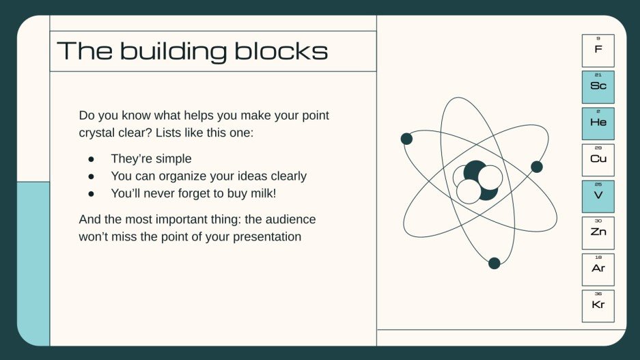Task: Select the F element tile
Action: coord(598,50)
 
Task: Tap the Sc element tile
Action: coord(598,87)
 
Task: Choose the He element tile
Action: coord(598,123)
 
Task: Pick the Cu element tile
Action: coord(598,160)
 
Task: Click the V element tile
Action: coord(598,196)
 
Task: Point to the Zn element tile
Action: coord(598,233)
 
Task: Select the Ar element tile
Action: coord(598,269)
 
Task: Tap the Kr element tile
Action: coord(598,306)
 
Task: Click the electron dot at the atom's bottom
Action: coord(494,263)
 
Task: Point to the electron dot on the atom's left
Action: coord(406,139)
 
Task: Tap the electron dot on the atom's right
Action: coord(537,167)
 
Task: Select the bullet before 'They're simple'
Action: coord(91,158)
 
